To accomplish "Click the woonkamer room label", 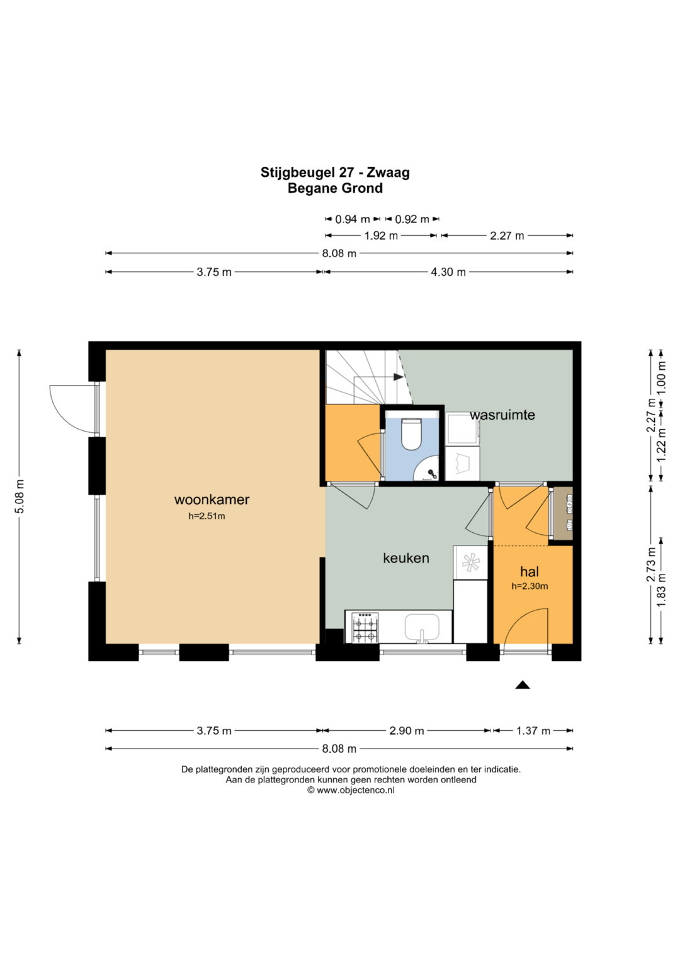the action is pos(212,500).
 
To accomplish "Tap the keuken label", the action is pos(405,558).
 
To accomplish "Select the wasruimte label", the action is pos(502,415).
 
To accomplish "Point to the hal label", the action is pos(530,571).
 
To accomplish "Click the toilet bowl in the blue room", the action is pos(411,434).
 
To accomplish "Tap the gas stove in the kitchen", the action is pos(365,627).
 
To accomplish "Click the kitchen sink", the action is pos(422,627).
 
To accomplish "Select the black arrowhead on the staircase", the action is pos(398,377).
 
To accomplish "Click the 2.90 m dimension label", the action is pos(406,731).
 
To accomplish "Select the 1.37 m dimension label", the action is pos(532,731).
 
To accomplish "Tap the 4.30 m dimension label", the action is pos(448,272).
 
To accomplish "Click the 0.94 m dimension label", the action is pos(352,219).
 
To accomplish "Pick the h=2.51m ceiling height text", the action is pos(207,516).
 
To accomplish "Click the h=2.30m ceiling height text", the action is pos(530,586).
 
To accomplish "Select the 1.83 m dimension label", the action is pos(662,590).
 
